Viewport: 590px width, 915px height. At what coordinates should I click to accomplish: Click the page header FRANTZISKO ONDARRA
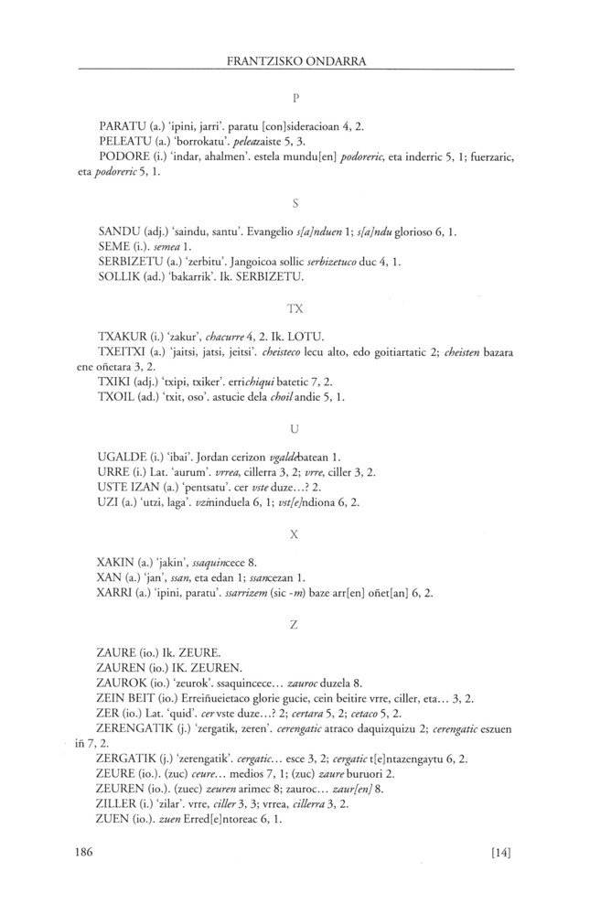[296, 61]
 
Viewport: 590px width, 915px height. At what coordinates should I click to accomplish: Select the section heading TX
[295, 309]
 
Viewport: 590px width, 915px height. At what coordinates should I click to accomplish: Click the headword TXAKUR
[123, 336]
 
